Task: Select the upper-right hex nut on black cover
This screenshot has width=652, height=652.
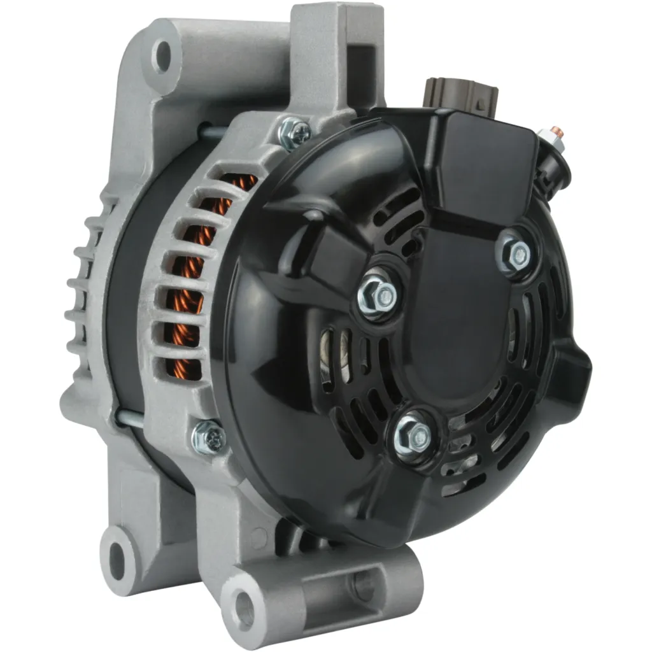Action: pyautogui.click(x=516, y=253)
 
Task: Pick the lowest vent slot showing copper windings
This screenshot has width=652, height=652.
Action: pyautogui.click(x=185, y=369)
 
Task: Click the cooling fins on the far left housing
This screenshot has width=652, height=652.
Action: pyautogui.click(x=83, y=287)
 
